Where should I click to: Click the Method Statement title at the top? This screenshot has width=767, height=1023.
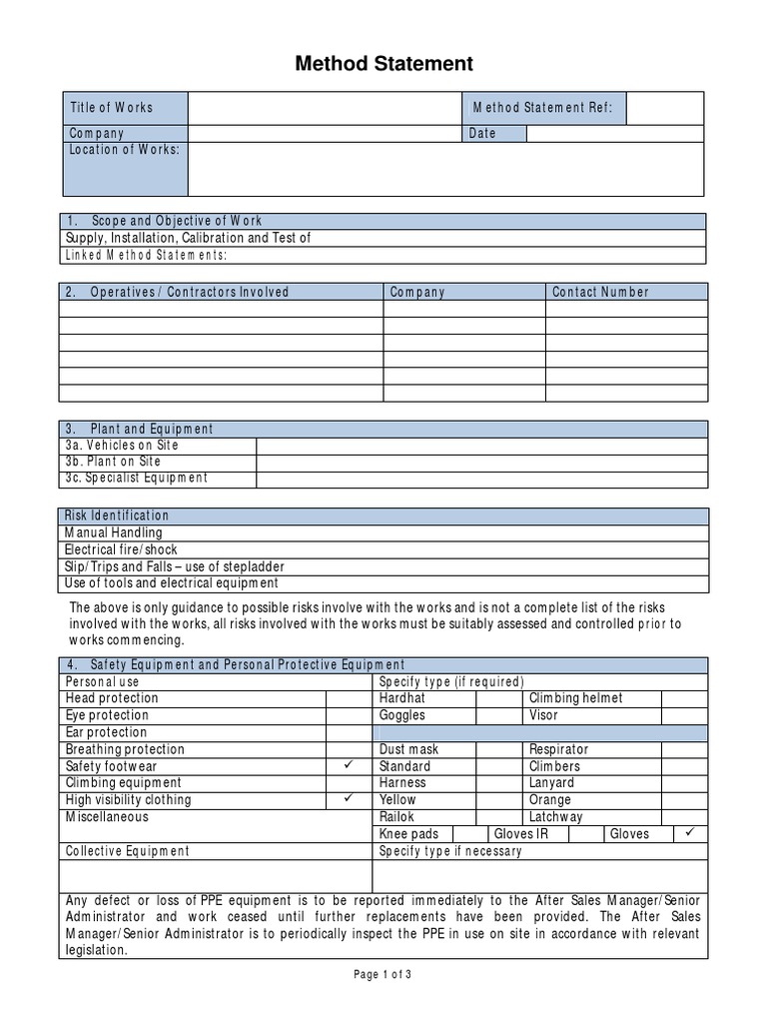[383, 65]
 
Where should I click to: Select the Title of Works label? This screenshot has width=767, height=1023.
[111, 108]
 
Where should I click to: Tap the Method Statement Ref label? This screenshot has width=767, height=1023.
[543, 108]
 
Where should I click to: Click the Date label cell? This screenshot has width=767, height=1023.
[482, 134]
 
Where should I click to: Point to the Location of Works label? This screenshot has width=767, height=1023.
[124, 150]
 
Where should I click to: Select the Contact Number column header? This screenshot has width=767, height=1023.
[600, 293]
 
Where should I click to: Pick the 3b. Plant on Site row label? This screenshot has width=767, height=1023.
[113, 463]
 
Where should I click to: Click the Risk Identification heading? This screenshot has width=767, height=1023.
[117, 515]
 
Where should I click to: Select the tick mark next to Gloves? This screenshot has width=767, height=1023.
[690, 833]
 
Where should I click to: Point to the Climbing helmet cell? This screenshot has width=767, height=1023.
[575, 698]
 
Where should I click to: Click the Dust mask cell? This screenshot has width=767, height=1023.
[408, 749]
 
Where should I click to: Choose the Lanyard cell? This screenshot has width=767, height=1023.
[551, 783]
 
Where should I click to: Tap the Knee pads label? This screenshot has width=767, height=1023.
[408, 834]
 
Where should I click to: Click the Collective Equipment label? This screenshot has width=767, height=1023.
[127, 851]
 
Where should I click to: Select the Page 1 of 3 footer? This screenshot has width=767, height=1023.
[383, 976]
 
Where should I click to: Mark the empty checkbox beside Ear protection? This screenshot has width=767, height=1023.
[349, 732]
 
